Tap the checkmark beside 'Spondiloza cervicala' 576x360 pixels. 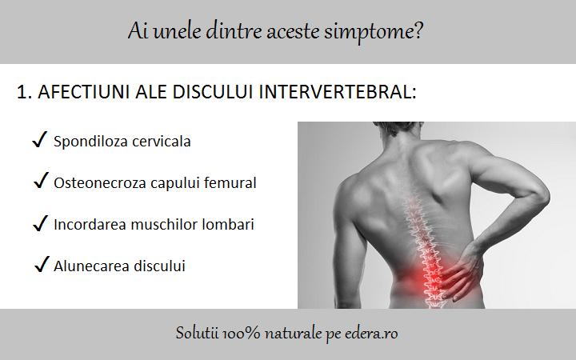coord(38,141)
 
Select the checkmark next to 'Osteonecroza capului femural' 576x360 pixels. coord(41,182)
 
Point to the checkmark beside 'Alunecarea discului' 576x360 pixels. coord(42,265)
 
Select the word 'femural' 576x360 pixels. coord(229,183)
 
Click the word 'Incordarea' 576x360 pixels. coord(90,225)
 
